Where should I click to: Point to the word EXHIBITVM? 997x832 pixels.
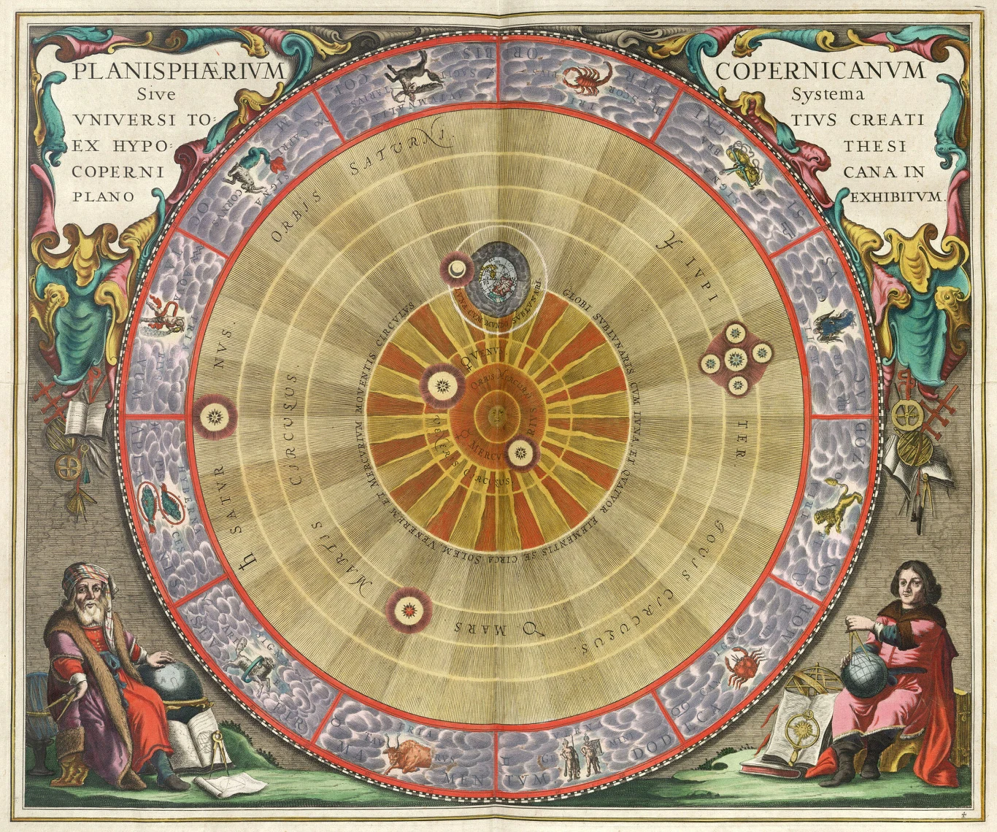898,196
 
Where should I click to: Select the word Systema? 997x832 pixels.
828,95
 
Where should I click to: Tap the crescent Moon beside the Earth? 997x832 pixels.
456,270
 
